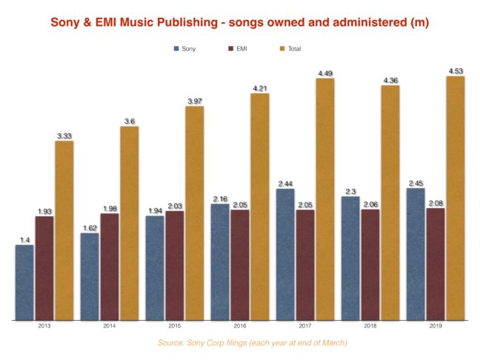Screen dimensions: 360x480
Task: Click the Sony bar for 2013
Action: coord(24,282)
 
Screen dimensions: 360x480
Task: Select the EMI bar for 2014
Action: coord(109,267)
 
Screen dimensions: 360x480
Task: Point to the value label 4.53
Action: coord(456,71)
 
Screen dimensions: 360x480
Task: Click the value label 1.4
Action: coord(24,240)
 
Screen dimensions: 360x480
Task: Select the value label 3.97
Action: coord(195,101)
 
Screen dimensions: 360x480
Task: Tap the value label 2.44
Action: coord(285,183)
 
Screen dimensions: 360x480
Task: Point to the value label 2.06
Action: coord(370,204)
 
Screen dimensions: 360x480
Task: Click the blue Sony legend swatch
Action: coord(176,49)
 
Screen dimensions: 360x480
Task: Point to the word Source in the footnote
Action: coord(170,342)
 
